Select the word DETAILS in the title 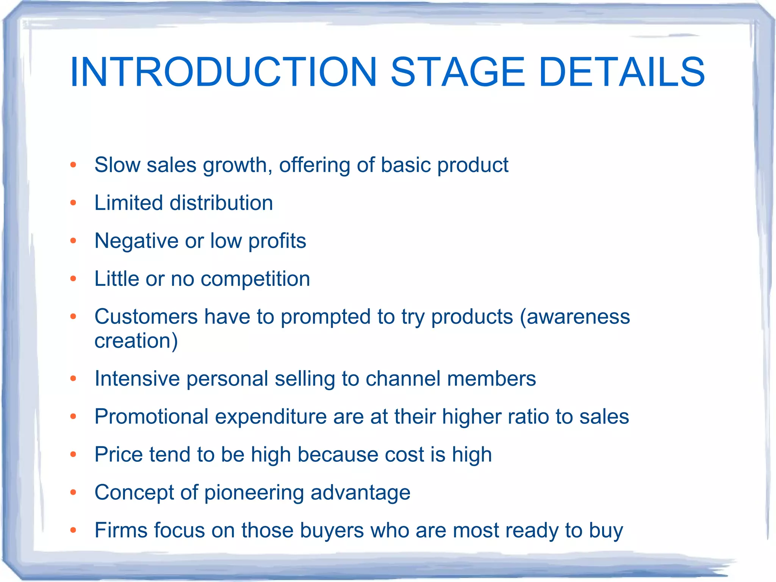621,72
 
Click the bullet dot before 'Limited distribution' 74,203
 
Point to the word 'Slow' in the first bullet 117,165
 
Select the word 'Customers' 146,317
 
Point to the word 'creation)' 136,340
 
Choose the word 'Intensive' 137,378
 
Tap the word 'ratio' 528,416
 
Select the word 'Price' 119,454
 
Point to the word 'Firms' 121,530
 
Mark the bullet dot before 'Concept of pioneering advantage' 74,493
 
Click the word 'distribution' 221,203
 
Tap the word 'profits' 277,241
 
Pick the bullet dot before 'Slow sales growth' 74,165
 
